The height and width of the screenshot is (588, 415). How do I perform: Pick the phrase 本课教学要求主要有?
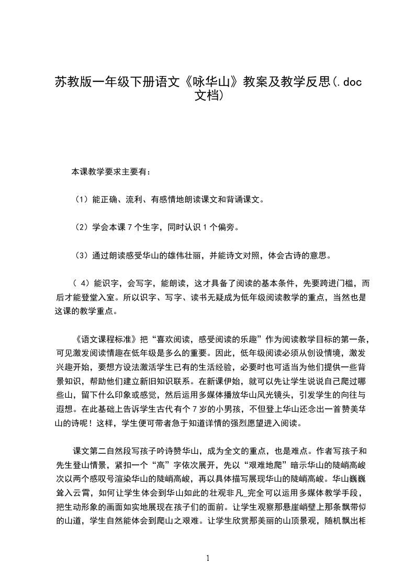pyautogui.click(x=111, y=171)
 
